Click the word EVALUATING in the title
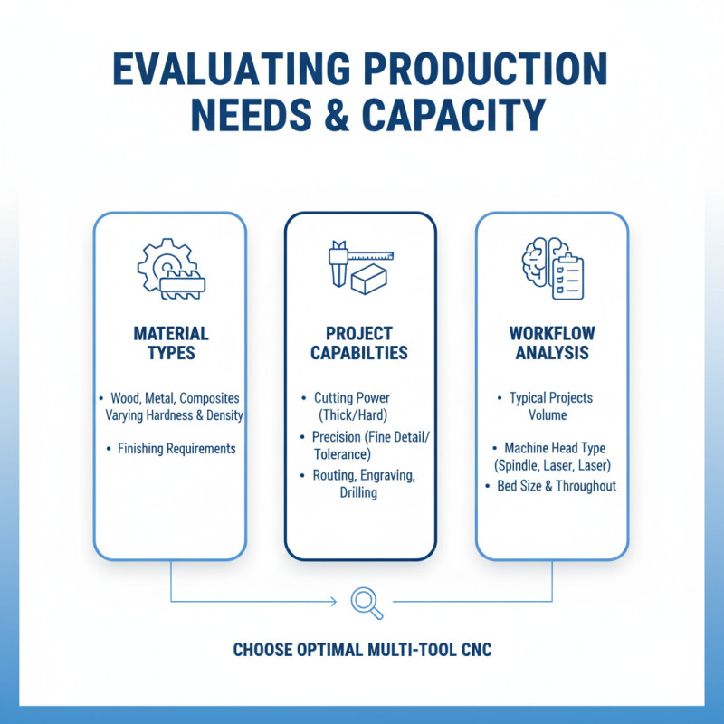point(232,69)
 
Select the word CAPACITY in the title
point(454,115)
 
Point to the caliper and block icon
point(360,267)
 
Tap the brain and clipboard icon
point(553,268)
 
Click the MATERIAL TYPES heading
point(171,343)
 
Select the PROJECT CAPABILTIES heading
point(359,343)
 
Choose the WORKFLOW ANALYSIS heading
point(552,343)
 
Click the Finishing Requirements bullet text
point(176,448)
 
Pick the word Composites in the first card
point(209,398)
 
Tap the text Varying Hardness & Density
point(174,415)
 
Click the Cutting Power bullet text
point(352,398)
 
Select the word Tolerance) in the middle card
point(342,454)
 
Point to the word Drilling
point(358,492)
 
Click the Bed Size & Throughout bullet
point(557,486)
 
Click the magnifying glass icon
point(367,603)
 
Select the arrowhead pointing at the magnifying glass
point(333,602)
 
